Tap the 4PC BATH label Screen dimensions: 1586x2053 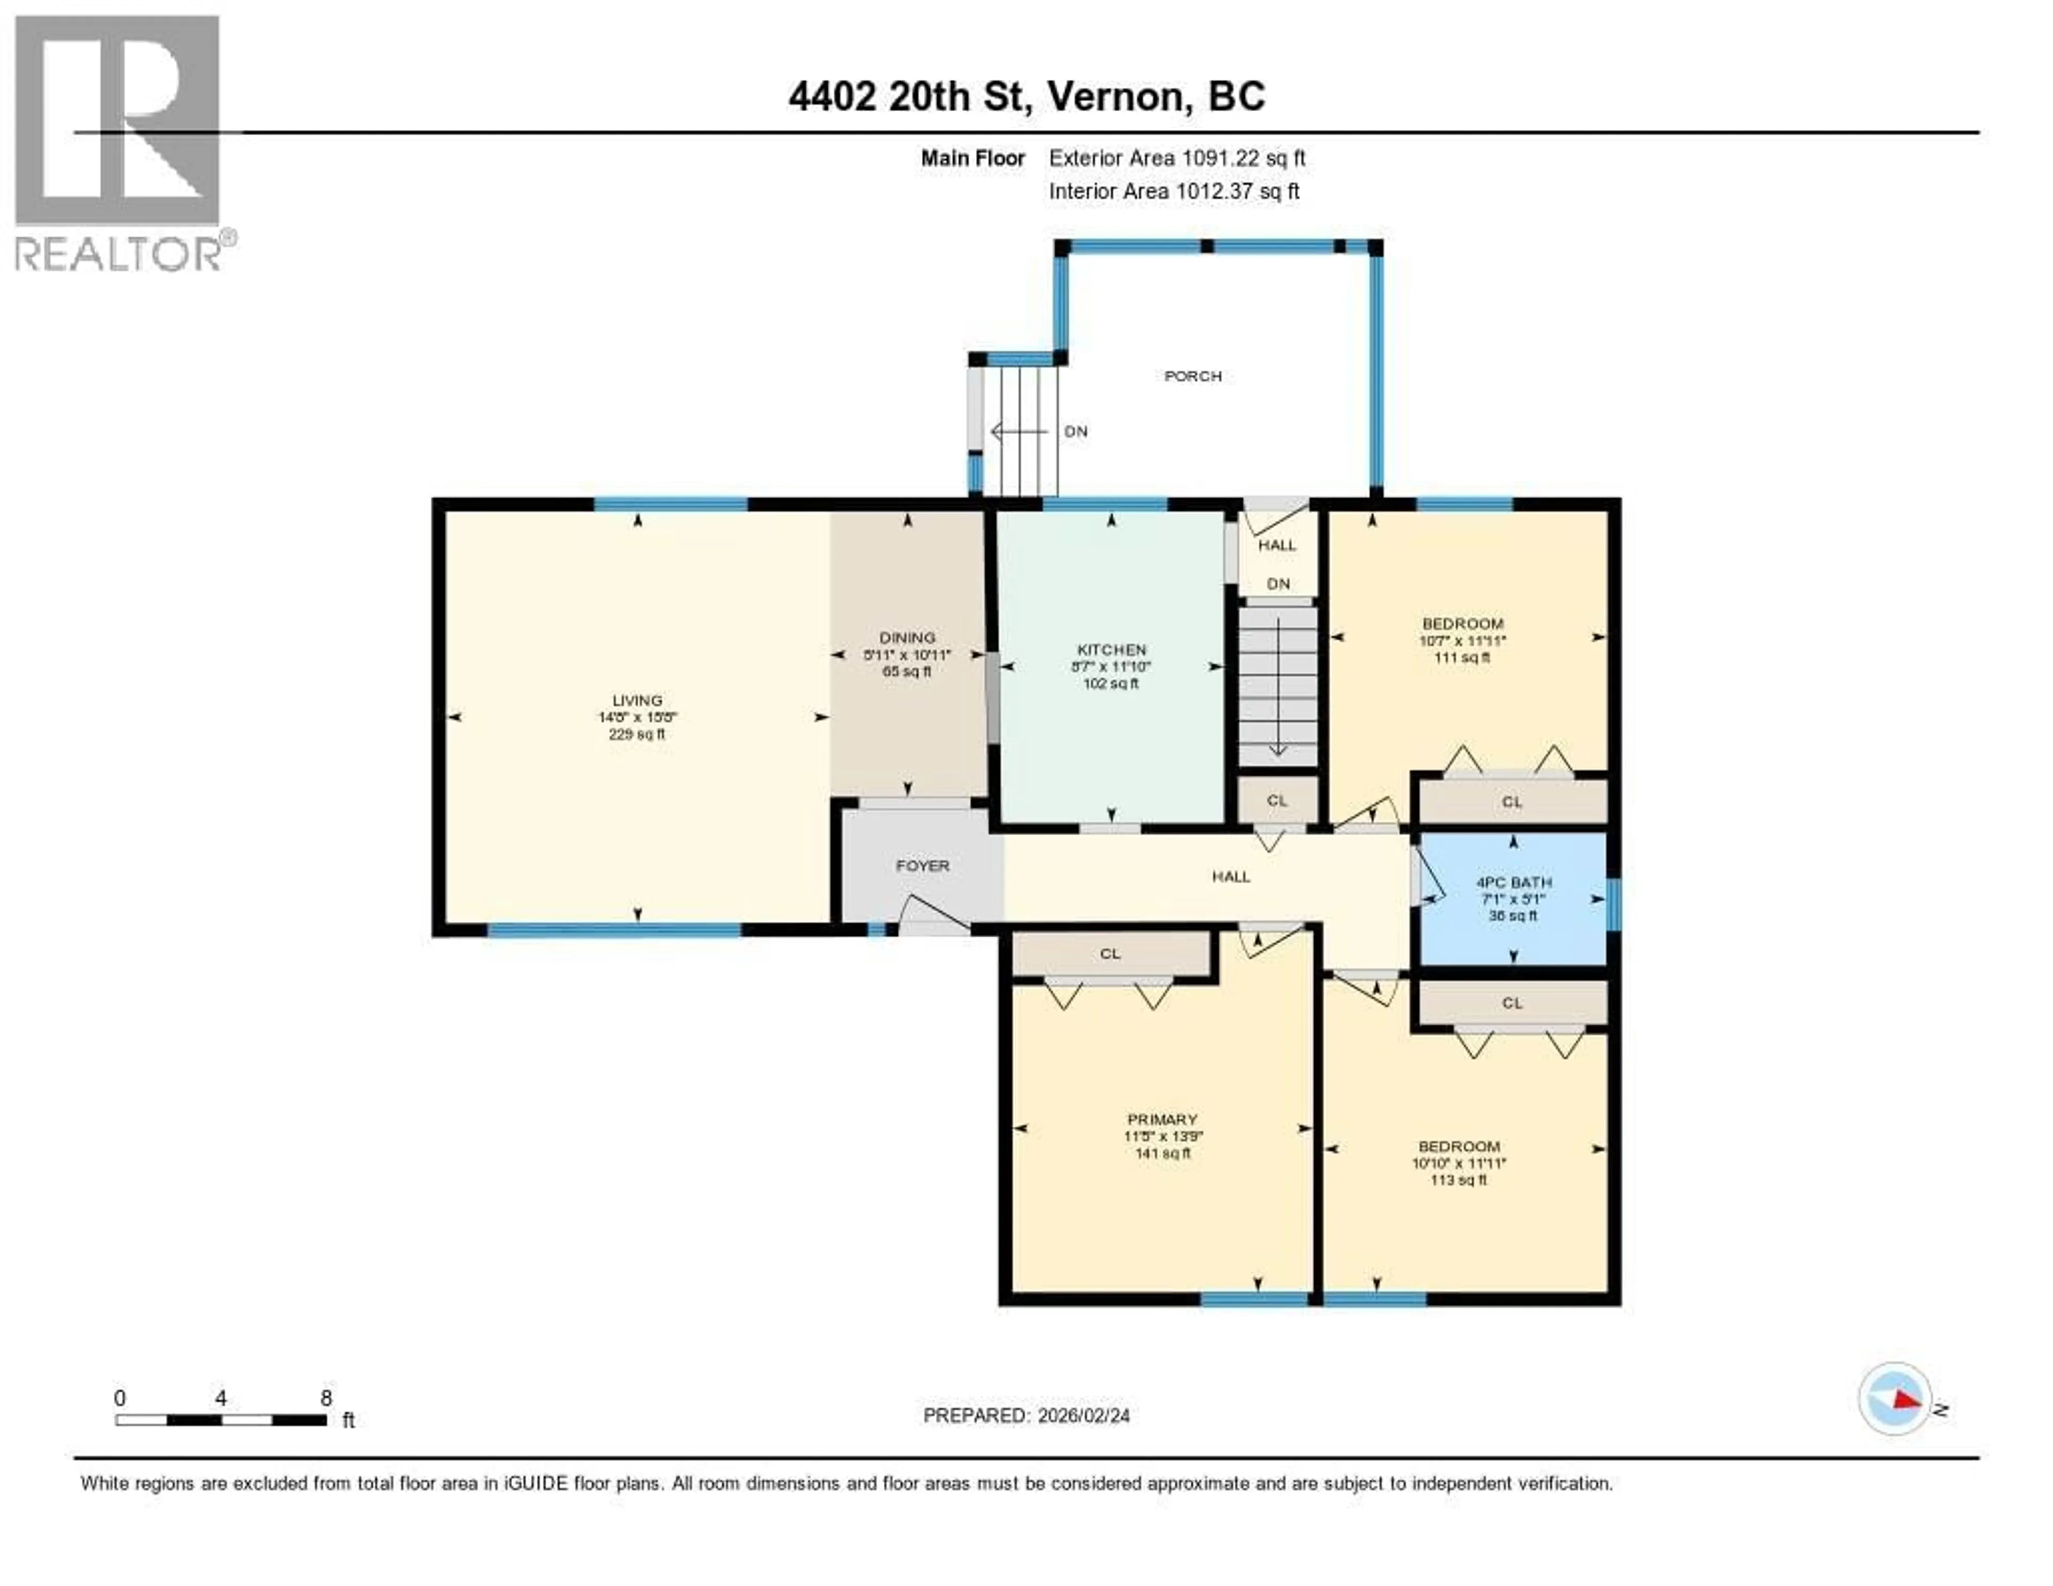pos(1512,882)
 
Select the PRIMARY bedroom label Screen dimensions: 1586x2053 pos(1162,1119)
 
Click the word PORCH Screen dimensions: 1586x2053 pos(1192,376)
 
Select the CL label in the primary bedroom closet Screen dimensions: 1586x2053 pos(1110,953)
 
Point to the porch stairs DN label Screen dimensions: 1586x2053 pos(1075,432)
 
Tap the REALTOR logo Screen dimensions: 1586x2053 pos(119,141)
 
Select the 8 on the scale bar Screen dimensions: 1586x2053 pos(326,1398)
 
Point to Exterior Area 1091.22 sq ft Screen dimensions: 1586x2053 pos(1177,158)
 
